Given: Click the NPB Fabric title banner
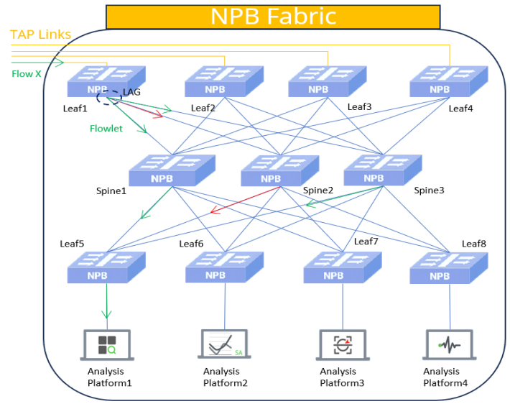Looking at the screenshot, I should (x=273, y=16).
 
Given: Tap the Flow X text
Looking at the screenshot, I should (x=27, y=73).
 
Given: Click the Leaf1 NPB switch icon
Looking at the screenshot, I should (x=106, y=83).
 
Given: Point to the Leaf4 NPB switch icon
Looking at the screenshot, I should (x=448, y=82).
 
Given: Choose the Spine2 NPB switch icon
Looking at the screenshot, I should (x=279, y=172).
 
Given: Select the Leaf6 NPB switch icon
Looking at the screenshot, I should (x=224, y=267).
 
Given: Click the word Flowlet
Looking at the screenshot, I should (x=106, y=129).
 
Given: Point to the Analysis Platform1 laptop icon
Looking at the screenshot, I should (x=107, y=344).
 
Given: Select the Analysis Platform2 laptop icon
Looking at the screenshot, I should (x=223, y=344).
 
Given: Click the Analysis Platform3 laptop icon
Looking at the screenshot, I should (x=342, y=344).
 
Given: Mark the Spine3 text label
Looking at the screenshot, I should (x=429, y=190).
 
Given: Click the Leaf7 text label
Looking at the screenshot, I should (x=366, y=242).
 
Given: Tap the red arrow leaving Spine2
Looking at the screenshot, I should (x=244, y=201).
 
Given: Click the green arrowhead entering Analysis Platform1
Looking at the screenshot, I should (x=107, y=314).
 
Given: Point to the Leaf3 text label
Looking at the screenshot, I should (x=359, y=107).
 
